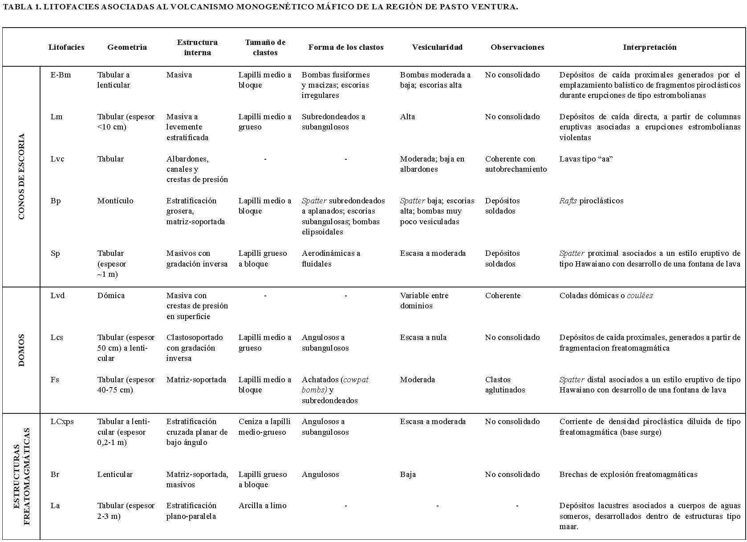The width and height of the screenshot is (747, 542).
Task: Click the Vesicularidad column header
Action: [x=437, y=47]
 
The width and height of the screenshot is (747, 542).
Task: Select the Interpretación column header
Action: [x=650, y=47]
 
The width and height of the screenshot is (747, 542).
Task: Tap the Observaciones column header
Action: [x=517, y=47]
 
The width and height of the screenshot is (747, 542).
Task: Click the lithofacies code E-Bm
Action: [x=61, y=75]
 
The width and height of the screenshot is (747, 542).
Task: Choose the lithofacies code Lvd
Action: [x=57, y=295]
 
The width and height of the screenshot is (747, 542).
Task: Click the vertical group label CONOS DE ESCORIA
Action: [x=21, y=177]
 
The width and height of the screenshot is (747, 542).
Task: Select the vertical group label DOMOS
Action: [x=21, y=350]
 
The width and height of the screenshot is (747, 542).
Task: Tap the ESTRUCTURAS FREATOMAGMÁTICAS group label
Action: [x=21, y=476]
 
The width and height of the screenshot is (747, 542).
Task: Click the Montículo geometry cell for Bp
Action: [x=115, y=201]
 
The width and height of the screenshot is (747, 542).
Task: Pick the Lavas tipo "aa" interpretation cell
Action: [x=586, y=159]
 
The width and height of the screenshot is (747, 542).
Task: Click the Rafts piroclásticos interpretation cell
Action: [x=591, y=201]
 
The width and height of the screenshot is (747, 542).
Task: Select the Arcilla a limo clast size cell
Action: [x=262, y=506]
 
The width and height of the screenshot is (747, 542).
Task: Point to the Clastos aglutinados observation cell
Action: [x=505, y=385]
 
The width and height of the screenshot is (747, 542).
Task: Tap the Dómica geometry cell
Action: [x=111, y=295]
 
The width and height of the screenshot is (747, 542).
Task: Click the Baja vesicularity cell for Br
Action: [x=408, y=474]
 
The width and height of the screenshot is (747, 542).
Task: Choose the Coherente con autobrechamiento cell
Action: [x=516, y=164]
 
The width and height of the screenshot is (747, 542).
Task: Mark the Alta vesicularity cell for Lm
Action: [x=407, y=117]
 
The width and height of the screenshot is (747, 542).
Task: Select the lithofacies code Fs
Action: [x=55, y=380]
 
